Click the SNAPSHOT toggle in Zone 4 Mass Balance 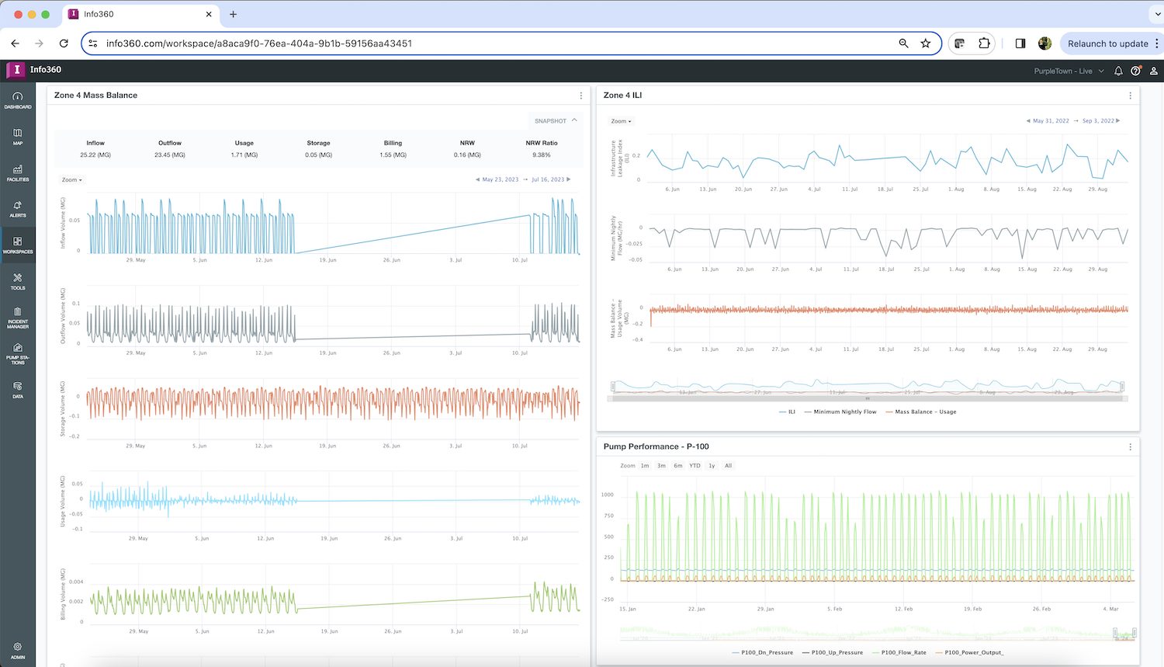pyautogui.click(x=555, y=121)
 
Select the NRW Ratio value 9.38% pyautogui.click(x=541, y=155)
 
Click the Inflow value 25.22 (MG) pyautogui.click(x=95, y=155)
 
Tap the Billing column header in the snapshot pyautogui.click(x=393, y=143)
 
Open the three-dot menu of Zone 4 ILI pyautogui.click(x=1130, y=96)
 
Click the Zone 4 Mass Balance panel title pyautogui.click(x=95, y=96)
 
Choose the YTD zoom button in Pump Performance pyautogui.click(x=695, y=466)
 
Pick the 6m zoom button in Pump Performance pyautogui.click(x=678, y=466)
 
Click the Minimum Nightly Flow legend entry pyautogui.click(x=844, y=412)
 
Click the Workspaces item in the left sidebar pyautogui.click(x=18, y=245)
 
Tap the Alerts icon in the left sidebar pyautogui.click(x=18, y=209)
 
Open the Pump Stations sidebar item pyautogui.click(x=18, y=353)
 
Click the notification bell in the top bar pyautogui.click(x=1118, y=71)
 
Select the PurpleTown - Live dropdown pyautogui.click(x=1068, y=71)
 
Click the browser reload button pyautogui.click(x=64, y=43)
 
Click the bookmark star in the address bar pyautogui.click(x=926, y=43)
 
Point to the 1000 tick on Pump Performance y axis pyautogui.click(x=607, y=495)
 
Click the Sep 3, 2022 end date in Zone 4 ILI pyautogui.click(x=1098, y=121)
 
